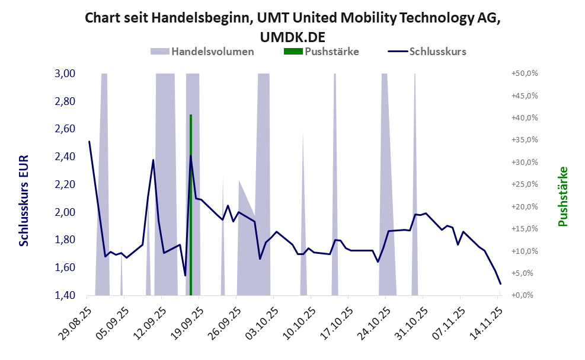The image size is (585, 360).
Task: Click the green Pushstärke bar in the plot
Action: click(x=190, y=205)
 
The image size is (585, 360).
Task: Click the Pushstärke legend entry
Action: click(x=331, y=51)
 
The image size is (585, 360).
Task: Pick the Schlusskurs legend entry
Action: click(x=437, y=51)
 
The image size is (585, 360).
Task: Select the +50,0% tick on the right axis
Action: click(x=523, y=74)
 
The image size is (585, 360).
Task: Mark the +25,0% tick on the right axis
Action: click(x=523, y=184)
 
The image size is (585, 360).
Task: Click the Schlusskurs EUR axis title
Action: click(x=24, y=201)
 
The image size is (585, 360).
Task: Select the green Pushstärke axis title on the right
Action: click(x=562, y=196)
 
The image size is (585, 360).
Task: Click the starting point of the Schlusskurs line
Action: click(x=89, y=141)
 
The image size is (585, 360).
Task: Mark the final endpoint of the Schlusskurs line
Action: click(x=500, y=283)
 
